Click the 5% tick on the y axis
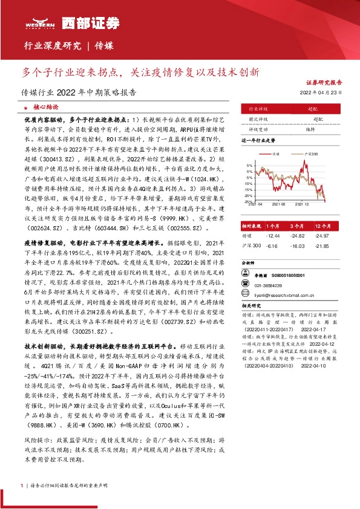pos(249,165)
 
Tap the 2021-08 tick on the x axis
pos(281,205)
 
